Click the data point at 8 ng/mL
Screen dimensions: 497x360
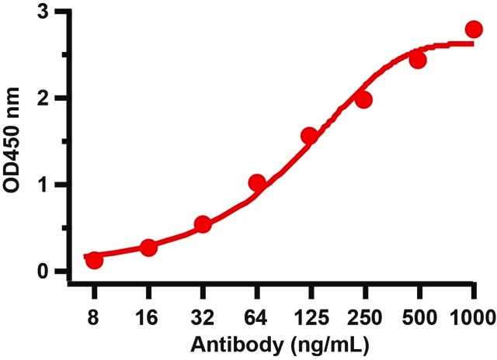click(x=94, y=260)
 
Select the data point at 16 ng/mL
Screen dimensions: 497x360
click(x=148, y=247)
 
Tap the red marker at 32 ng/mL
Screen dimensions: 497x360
click(x=203, y=224)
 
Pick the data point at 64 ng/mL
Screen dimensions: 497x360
click(x=257, y=182)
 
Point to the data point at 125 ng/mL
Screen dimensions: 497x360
click(x=309, y=136)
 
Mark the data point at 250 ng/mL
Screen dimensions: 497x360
click(x=363, y=100)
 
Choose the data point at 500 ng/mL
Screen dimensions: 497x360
click(x=418, y=60)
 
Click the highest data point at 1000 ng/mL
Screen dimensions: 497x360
click(x=474, y=29)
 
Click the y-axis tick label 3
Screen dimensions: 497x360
click(x=43, y=13)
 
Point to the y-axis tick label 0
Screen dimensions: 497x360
click(x=43, y=272)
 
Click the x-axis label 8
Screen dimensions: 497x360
click(x=93, y=317)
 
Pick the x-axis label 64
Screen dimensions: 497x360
click(x=255, y=317)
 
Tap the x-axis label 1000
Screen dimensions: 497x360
click(x=473, y=317)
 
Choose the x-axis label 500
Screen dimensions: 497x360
click(x=419, y=317)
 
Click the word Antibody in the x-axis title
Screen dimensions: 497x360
click(x=237, y=344)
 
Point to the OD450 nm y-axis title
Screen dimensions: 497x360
click(x=12, y=140)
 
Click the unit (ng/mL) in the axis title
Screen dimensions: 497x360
click(x=330, y=346)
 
